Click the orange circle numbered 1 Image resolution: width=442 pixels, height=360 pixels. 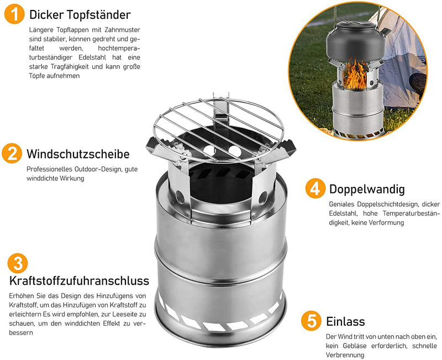click(x=14, y=14)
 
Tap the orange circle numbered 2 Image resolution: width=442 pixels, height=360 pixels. click(x=12, y=154)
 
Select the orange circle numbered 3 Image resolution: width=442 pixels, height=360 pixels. click(x=18, y=263)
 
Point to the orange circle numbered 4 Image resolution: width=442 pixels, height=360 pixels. click(x=315, y=188)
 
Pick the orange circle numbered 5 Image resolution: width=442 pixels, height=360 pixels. click(x=311, y=321)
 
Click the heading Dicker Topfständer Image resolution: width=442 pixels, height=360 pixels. click(x=80, y=15)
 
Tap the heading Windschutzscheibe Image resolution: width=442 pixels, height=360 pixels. click(x=78, y=154)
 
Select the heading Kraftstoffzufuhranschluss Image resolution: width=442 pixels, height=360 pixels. click(x=79, y=281)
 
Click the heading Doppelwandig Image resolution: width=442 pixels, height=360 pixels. click(x=367, y=189)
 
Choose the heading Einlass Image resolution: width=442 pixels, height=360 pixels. click(x=345, y=321)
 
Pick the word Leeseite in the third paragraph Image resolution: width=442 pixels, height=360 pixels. click(x=123, y=314)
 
